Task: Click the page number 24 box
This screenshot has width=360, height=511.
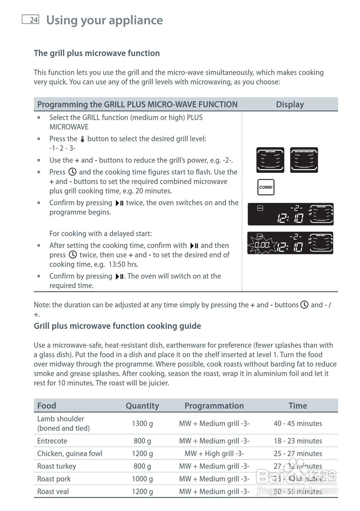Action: pos(31,20)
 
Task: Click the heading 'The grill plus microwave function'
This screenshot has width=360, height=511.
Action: pos(97,53)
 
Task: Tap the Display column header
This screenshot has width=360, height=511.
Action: pos(290,104)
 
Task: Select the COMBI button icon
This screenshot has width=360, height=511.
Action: pos(265,187)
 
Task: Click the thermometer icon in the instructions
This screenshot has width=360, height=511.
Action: pos(82,139)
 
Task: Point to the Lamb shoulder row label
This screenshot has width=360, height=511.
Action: pos(61,423)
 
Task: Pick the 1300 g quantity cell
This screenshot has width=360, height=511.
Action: pos(142,423)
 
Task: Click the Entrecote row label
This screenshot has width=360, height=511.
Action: pos(52,441)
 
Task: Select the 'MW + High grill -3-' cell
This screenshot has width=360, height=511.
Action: pos(214,454)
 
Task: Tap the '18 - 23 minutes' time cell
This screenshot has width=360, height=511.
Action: pos(298,441)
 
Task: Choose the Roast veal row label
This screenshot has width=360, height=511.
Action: pos(53,491)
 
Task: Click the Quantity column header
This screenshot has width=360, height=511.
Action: pos(142,406)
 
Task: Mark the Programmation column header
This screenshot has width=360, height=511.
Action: pos(214,406)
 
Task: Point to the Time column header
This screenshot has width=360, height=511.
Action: pos(298,406)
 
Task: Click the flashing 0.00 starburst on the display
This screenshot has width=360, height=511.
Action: pos(262,244)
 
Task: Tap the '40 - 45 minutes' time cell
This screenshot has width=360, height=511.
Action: pos(298,423)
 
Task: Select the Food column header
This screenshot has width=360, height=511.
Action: pos(47,406)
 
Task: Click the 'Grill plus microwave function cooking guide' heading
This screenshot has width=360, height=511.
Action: pos(117,326)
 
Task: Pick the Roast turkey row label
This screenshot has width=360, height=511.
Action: pos(57,466)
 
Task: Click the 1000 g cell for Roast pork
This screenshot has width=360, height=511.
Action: pos(142,479)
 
